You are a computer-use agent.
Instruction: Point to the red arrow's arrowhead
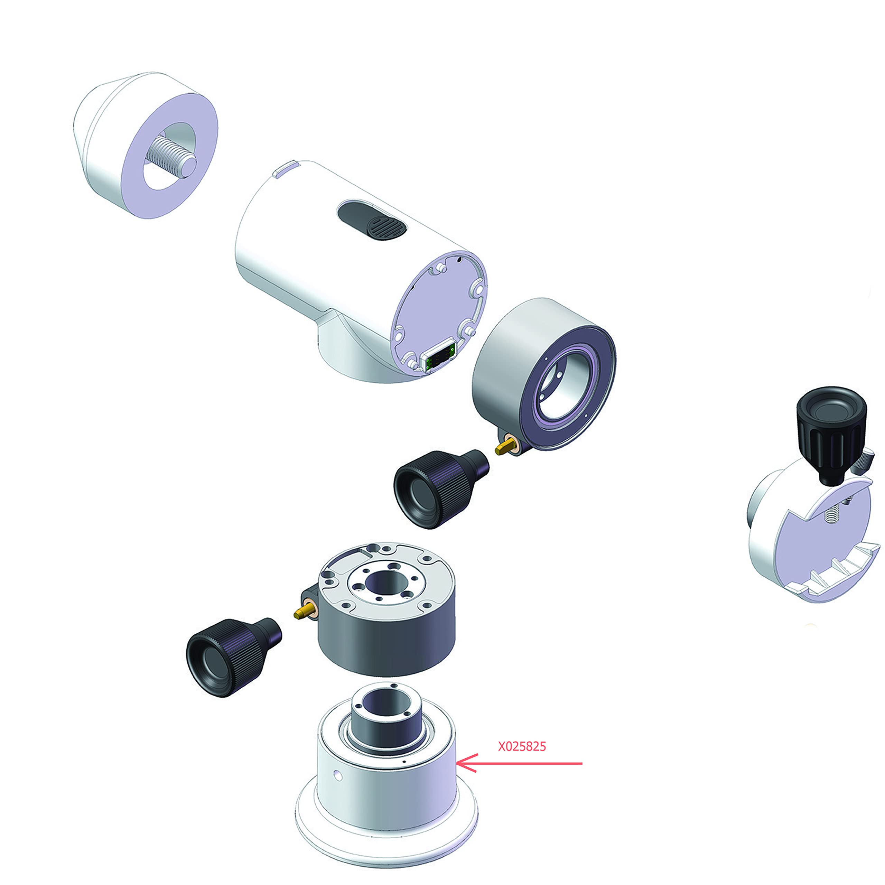click(x=467, y=763)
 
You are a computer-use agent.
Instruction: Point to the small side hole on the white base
click(x=338, y=775)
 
